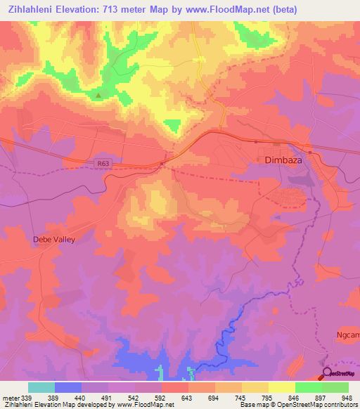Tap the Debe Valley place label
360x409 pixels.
[x=53, y=240]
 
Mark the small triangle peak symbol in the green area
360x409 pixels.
[x=99, y=96]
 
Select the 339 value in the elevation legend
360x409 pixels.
[x=28, y=397]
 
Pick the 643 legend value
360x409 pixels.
[x=188, y=397]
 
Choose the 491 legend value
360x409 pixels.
[x=108, y=397]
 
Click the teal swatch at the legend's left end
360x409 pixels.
[x=41, y=387]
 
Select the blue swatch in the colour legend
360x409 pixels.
[x=68, y=387]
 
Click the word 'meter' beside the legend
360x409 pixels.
[x=10, y=397]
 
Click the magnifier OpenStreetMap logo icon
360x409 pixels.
[x=326, y=374]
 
